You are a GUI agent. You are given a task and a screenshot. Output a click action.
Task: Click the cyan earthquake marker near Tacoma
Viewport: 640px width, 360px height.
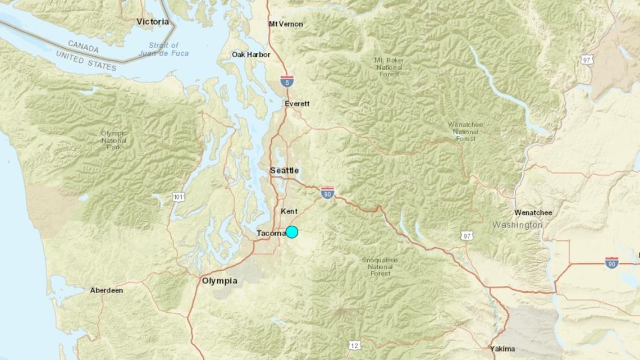coord(292,231)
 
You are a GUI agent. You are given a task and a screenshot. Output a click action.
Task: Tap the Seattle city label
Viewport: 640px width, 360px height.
coord(284,171)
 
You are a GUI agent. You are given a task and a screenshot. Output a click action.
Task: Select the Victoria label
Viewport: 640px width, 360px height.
coord(153,22)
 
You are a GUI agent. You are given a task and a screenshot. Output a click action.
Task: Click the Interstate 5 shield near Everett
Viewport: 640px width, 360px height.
coord(287,81)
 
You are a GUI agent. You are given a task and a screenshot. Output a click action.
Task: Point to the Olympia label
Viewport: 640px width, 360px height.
coord(220,281)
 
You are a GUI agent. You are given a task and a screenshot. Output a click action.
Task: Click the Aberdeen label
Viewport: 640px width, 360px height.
coord(107,290)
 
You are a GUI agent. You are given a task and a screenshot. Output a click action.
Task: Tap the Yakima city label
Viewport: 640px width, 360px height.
coord(502,349)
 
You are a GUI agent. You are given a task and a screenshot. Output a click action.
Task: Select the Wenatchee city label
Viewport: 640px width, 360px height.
coord(533,213)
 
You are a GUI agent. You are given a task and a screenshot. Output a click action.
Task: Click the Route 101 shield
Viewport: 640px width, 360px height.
coord(178,197)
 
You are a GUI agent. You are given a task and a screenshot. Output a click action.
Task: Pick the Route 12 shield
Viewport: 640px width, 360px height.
coord(354,345)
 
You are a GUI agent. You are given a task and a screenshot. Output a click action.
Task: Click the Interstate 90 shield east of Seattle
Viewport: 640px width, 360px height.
coord(328,193)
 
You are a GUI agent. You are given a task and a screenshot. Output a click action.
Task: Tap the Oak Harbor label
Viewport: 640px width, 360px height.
coord(251,54)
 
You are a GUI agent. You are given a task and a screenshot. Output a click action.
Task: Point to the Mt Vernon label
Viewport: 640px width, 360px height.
coord(286,24)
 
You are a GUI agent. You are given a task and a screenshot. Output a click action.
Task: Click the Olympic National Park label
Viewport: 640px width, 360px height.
coord(114,140)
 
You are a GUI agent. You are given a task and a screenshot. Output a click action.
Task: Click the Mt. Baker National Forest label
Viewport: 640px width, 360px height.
coord(389,67)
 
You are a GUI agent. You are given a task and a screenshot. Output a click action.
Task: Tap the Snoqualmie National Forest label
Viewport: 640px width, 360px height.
coord(380,266)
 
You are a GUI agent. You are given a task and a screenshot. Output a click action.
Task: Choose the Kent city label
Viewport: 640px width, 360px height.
coord(289,211)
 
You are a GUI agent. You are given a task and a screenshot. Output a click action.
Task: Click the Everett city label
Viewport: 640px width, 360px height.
coord(297,104)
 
